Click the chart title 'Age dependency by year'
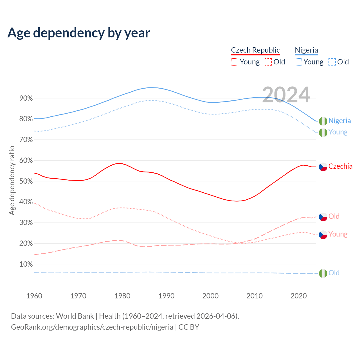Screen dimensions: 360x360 point(79,33)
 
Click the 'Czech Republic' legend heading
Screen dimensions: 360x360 point(255,50)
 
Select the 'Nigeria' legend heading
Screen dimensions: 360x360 point(306,50)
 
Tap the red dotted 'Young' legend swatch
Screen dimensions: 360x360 point(235,62)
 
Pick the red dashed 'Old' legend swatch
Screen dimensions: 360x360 point(268,62)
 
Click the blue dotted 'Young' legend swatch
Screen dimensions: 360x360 point(298,62)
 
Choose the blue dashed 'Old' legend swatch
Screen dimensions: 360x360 point(332,62)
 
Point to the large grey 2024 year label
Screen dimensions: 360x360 point(286,95)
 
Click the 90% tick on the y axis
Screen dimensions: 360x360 point(26,98)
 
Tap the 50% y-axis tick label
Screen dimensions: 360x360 point(26,181)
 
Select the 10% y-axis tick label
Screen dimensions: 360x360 point(26,264)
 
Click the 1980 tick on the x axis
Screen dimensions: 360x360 point(122,296)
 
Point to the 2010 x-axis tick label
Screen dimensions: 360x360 point(255,296)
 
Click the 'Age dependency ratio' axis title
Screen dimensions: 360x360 point(12,180)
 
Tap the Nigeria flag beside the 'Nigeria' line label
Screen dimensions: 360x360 point(323,121)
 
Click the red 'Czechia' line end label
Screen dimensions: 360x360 point(340,166)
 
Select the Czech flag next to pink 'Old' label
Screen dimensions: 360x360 point(323,217)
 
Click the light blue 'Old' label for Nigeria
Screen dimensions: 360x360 point(334,273)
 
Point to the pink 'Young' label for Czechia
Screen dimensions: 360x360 point(338,234)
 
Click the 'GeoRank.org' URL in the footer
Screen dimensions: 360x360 point(92,327)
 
